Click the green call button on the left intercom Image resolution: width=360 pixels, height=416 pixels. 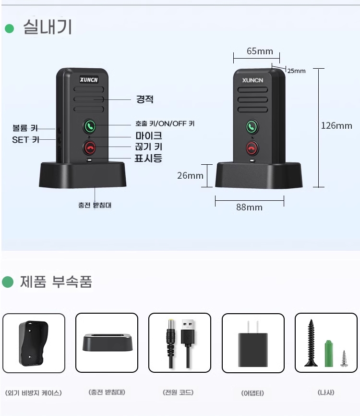89,126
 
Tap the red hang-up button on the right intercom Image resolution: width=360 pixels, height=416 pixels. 252,148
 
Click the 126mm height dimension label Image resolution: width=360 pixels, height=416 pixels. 336,125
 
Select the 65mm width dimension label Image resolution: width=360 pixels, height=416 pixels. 260,51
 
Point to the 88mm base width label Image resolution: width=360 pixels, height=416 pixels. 249,207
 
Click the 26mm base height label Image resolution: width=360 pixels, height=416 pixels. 190,175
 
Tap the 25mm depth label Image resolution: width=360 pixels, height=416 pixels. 296,71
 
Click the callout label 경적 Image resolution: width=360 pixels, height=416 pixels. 145,99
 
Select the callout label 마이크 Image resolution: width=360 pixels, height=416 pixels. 149,135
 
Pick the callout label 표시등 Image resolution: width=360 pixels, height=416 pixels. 148,158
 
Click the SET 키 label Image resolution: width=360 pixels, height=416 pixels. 26,140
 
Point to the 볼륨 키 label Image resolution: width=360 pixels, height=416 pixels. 25,128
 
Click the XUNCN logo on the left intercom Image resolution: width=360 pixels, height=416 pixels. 89,80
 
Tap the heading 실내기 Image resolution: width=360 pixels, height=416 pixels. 48,27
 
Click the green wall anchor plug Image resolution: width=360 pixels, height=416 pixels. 329,354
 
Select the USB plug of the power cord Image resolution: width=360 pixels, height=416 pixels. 188,332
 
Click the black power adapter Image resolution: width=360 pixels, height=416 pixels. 252,344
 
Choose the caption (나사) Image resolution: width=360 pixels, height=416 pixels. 326,392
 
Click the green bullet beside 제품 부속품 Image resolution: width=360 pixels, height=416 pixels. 8,282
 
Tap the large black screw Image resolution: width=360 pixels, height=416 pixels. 311,343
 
